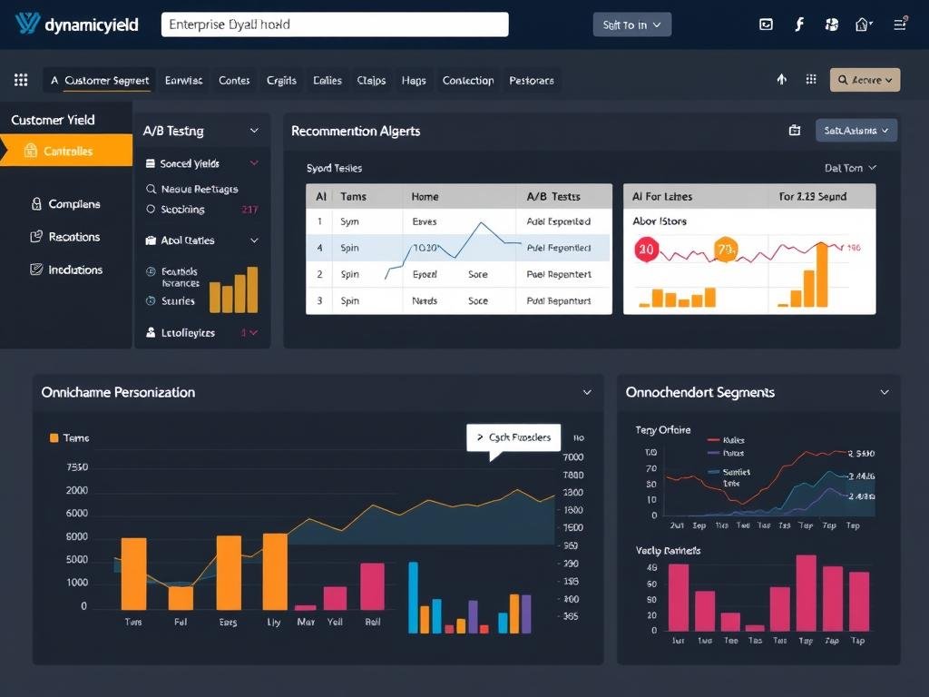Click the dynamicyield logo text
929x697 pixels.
click(x=91, y=25)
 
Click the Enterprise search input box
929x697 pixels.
click(x=334, y=25)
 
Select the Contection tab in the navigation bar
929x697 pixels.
click(x=468, y=80)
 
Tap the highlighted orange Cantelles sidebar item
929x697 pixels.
click(x=66, y=152)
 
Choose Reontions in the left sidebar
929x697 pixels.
click(x=73, y=237)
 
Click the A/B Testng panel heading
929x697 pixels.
click(x=173, y=131)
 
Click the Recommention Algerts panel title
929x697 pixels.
click(x=356, y=131)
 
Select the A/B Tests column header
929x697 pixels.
click(x=553, y=196)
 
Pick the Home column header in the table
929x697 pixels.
click(x=425, y=196)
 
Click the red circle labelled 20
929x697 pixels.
click(x=646, y=248)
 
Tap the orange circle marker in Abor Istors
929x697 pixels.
click(x=726, y=249)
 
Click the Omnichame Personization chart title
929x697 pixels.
click(x=118, y=392)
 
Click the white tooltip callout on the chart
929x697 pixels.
click(x=513, y=437)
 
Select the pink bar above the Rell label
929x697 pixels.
click(x=373, y=586)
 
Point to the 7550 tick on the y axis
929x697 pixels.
click(x=78, y=467)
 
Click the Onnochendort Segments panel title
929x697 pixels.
click(x=699, y=392)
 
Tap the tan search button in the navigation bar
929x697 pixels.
click(x=865, y=80)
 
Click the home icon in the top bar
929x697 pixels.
click(x=863, y=25)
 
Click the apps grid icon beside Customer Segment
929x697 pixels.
click(x=22, y=80)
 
